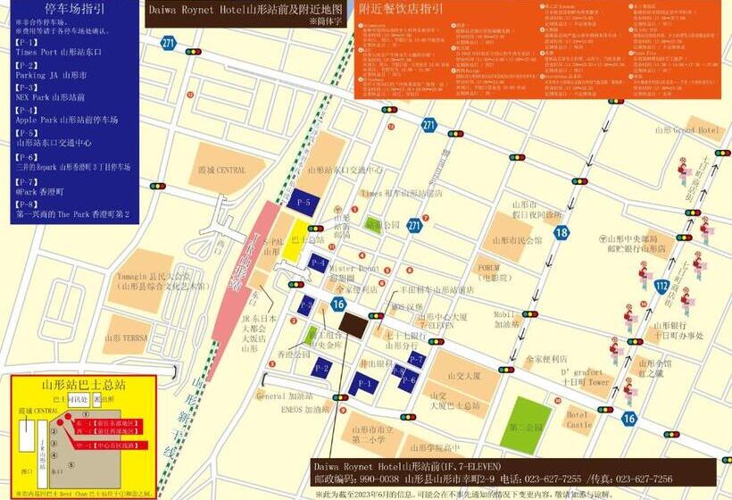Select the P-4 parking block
(x=318, y=263)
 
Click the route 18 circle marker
(x=561, y=234)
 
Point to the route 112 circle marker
(x=661, y=287)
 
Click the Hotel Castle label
(x=578, y=420)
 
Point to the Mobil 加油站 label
(x=506, y=319)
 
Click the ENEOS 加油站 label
(x=303, y=410)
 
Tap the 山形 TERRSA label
(x=125, y=338)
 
